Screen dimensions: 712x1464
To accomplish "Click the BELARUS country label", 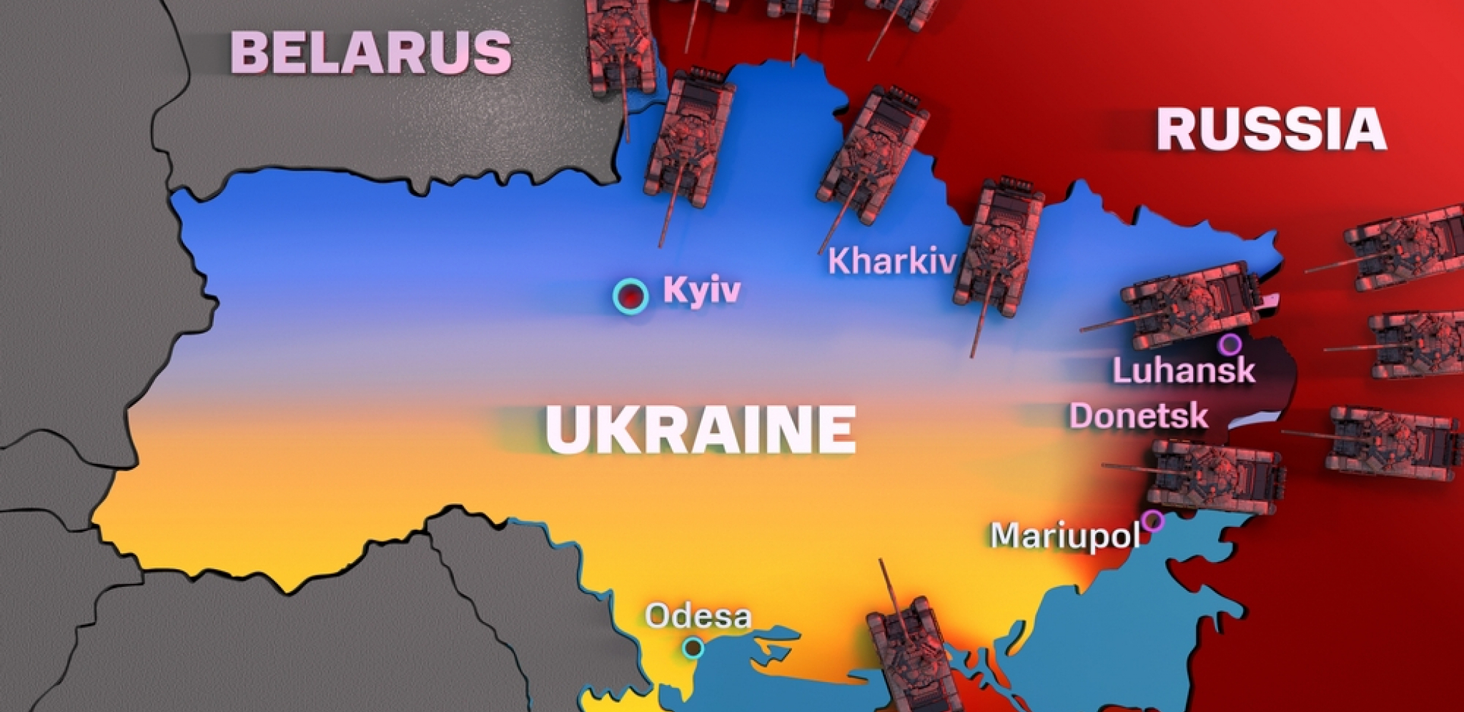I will click(370, 52).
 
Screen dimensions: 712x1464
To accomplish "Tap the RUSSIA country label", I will click(1271, 129).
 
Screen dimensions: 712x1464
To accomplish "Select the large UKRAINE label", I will click(701, 429).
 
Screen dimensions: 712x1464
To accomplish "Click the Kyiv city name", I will click(702, 290).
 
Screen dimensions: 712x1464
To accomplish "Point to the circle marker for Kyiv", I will click(630, 295).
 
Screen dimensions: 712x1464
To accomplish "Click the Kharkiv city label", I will click(891, 262).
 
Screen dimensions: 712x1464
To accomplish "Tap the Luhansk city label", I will click(1183, 370).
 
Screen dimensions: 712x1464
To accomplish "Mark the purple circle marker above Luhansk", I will click(1230, 345).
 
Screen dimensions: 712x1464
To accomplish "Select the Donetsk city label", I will click(1139, 416).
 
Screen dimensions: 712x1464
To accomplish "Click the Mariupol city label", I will click(1064, 535).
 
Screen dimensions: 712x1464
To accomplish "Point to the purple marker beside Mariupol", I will click(1152, 520).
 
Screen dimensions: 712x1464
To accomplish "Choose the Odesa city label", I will click(698, 616).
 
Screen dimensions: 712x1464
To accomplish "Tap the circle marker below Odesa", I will click(692, 648).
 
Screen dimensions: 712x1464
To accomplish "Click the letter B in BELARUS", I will click(251, 53).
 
